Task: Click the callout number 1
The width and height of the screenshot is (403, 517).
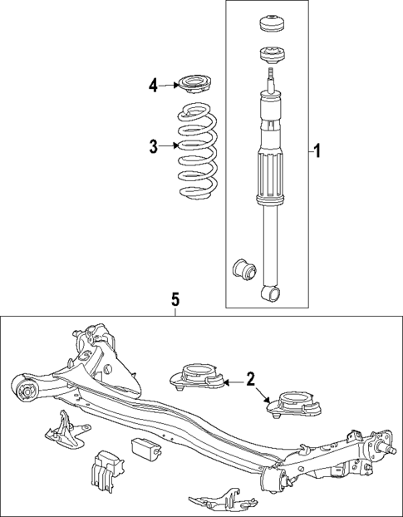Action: click(x=317, y=152)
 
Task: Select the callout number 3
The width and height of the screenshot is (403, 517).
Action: click(x=154, y=146)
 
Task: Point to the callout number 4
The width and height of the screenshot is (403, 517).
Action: click(x=154, y=84)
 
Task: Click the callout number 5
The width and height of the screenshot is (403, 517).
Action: click(x=175, y=299)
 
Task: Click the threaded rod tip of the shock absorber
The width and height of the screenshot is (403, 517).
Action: click(x=271, y=76)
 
